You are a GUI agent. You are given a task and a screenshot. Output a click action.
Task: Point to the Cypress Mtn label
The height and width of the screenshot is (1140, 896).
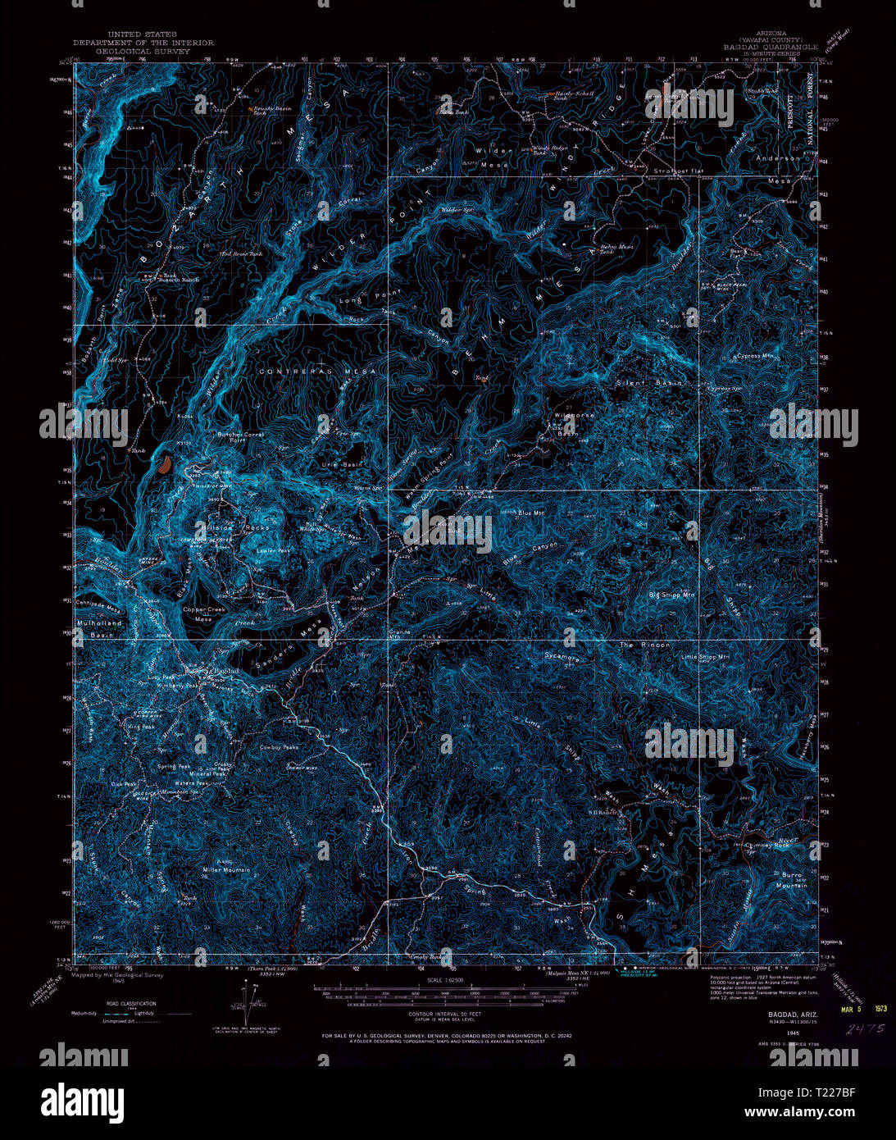(x=755, y=357)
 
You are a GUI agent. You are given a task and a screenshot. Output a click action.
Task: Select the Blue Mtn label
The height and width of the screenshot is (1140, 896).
(x=531, y=513)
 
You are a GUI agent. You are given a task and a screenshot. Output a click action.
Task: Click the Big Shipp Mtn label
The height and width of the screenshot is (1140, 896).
(x=671, y=595)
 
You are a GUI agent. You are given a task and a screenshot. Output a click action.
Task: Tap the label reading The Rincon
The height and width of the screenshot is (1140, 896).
(x=644, y=645)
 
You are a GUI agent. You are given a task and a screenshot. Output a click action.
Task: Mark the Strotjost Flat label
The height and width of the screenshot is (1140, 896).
(x=678, y=171)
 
